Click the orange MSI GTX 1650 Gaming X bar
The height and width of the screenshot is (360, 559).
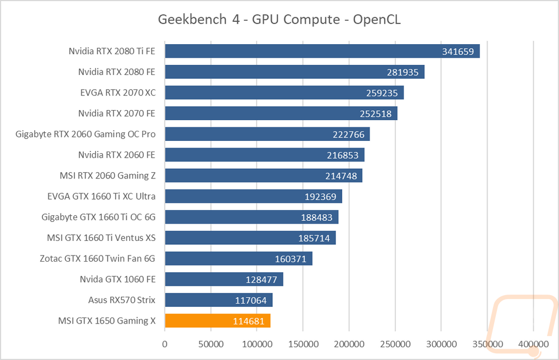tap(217, 321)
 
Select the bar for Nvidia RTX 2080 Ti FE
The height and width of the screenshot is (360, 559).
tap(323, 51)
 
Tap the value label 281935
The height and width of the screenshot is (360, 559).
tap(402, 72)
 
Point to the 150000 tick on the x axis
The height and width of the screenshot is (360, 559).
tap(303, 344)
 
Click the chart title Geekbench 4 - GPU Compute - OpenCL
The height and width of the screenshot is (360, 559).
tap(279, 19)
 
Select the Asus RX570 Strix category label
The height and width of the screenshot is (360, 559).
tap(121, 300)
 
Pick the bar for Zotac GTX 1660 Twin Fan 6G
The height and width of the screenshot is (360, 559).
tap(239, 258)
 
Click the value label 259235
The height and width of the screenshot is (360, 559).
tap(382, 93)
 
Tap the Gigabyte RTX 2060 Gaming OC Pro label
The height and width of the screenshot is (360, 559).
tap(86, 134)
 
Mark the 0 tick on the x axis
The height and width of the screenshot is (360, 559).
tap(165, 344)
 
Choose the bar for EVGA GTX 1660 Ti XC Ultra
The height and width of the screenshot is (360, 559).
tap(253, 196)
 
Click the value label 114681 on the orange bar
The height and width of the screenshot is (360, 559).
tap(249, 321)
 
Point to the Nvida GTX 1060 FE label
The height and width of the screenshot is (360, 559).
tap(117, 280)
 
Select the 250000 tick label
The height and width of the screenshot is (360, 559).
tap(395, 344)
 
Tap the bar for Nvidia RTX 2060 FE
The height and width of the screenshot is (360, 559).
tap(264, 155)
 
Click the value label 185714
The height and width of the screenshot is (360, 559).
tap(314, 238)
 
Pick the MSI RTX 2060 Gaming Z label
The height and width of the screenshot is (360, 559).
tap(108, 176)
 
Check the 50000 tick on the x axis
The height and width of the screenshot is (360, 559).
tap(211, 344)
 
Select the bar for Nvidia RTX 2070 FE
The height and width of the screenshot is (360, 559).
tap(281, 113)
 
